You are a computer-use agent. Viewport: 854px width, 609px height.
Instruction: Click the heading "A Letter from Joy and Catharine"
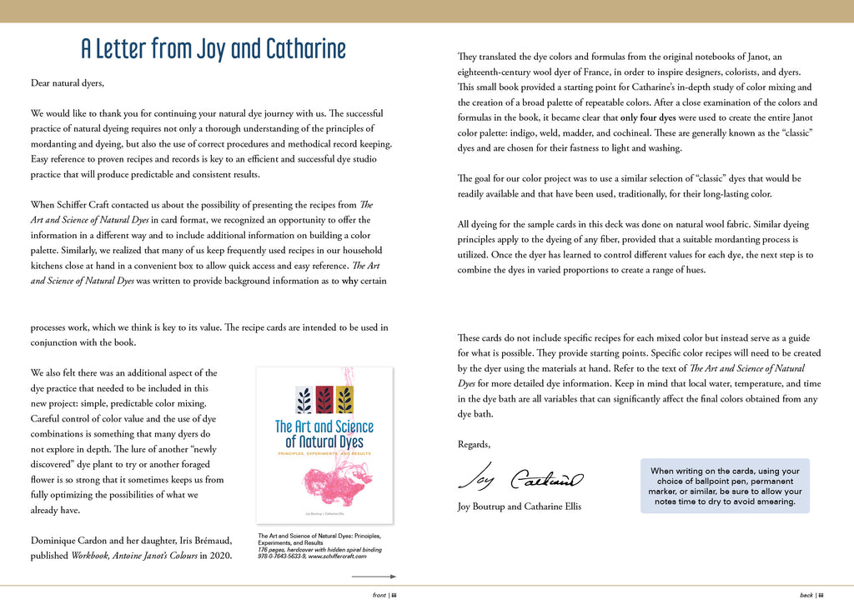(213, 49)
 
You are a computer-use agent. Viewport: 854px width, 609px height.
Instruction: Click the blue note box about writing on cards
(725, 487)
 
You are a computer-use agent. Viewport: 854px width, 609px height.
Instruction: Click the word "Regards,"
(475, 445)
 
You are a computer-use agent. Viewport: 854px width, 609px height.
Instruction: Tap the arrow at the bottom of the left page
(373, 577)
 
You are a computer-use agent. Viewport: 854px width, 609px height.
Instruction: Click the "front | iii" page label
(384, 596)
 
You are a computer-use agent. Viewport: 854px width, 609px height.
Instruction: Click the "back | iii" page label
(811, 596)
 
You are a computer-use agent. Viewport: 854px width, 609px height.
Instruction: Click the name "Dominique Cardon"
(72, 541)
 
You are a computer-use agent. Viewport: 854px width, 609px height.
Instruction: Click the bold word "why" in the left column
(349, 281)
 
